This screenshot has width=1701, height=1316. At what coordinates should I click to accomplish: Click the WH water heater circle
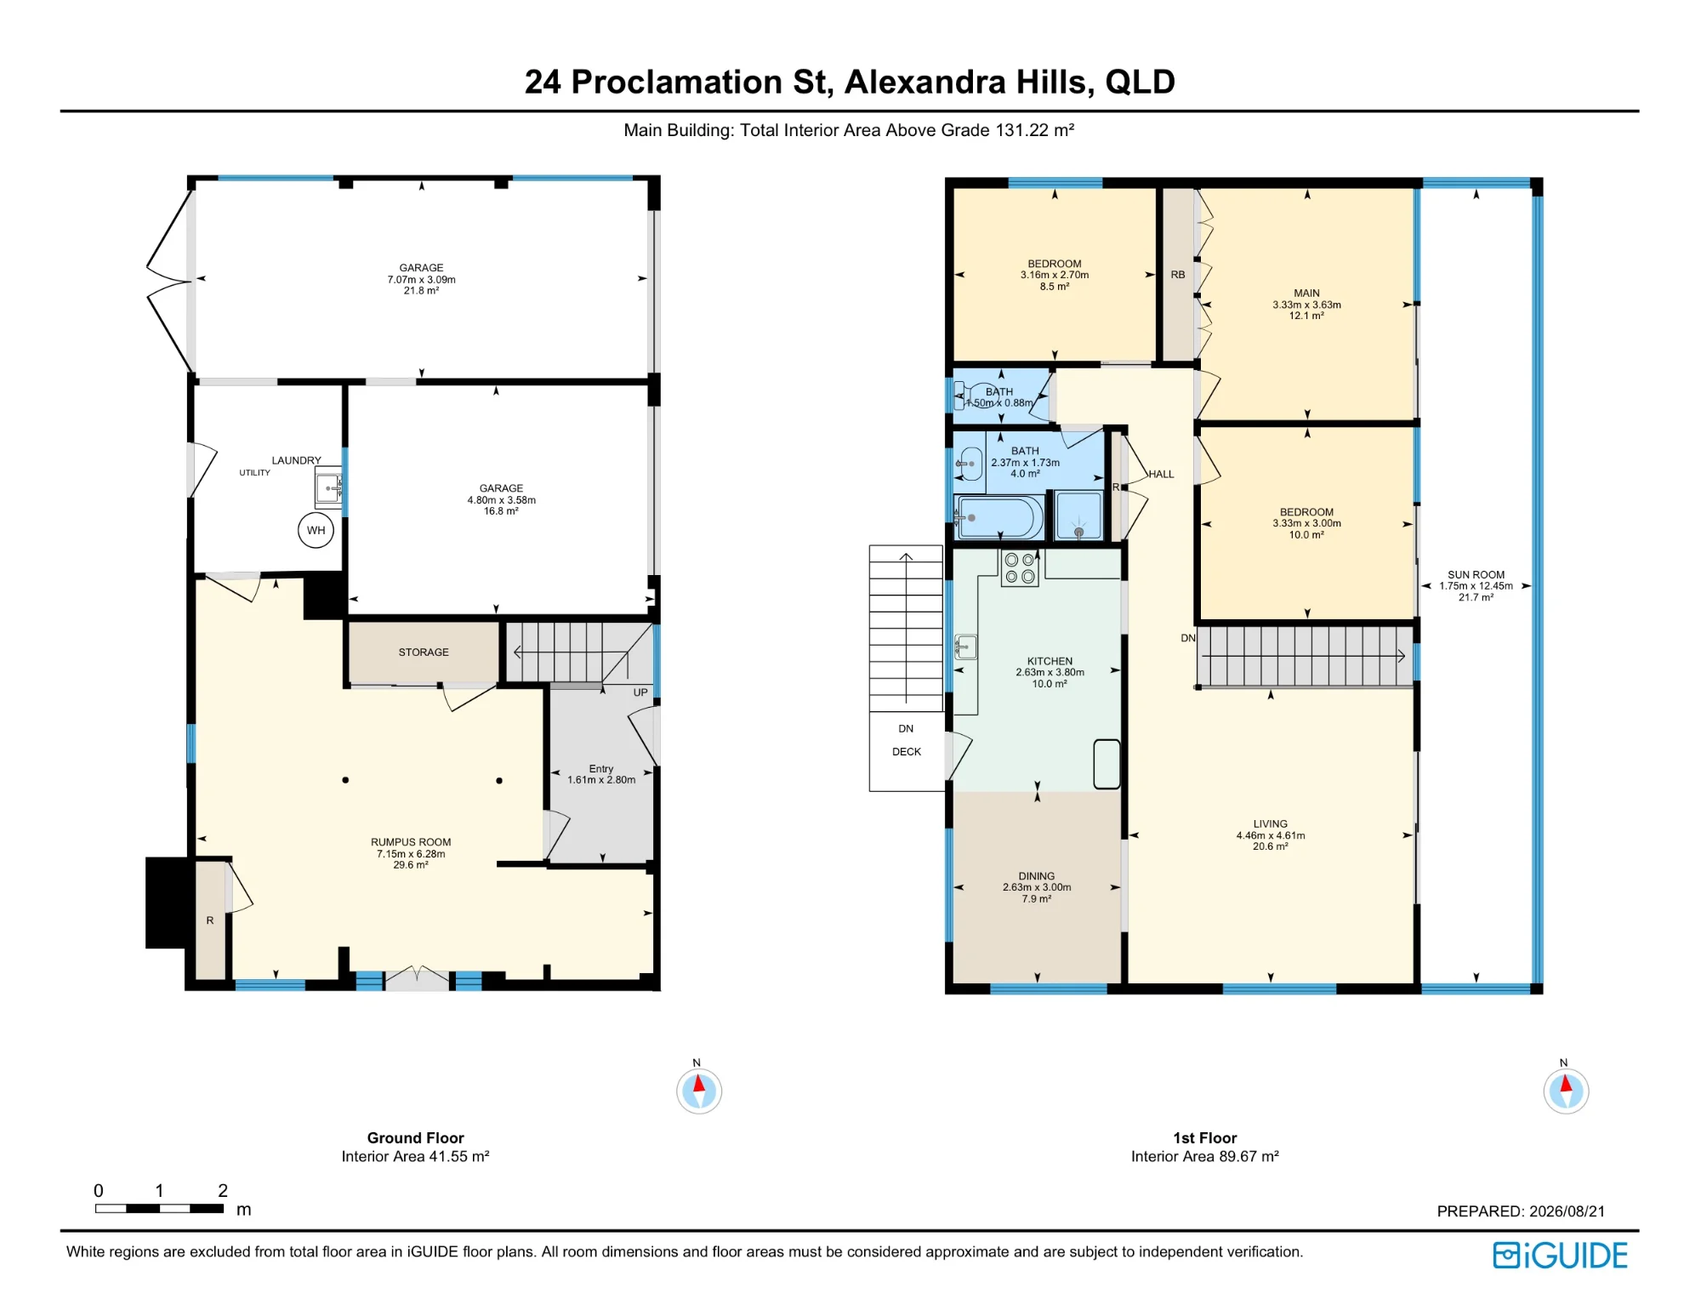[x=316, y=530]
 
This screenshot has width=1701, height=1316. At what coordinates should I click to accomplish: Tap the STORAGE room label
[x=424, y=652]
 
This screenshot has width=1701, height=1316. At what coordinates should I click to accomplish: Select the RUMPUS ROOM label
[x=411, y=842]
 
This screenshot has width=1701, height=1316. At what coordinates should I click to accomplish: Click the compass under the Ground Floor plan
[x=699, y=1090]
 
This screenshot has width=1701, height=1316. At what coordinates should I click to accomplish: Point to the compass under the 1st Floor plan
[x=1566, y=1090]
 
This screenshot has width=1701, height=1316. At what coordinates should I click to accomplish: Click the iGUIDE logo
[x=1560, y=1256]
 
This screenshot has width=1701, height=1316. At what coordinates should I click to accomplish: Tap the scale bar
[x=159, y=1208]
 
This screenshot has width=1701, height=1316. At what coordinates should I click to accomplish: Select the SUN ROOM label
[x=1476, y=575]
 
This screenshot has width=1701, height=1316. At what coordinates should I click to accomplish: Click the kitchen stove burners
[x=1020, y=568]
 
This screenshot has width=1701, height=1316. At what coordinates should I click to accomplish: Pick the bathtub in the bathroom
[x=998, y=516]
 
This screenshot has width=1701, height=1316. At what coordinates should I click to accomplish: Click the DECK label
[x=907, y=752]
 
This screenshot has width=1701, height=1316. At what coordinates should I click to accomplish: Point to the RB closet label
[x=1178, y=275]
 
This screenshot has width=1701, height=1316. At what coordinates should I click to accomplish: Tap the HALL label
[x=1161, y=475]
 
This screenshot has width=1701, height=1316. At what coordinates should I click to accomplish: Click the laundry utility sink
[x=328, y=487]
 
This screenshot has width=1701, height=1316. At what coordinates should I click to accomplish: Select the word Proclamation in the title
[x=677, y=82]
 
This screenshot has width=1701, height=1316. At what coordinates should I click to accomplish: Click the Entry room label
[x=601, y=769]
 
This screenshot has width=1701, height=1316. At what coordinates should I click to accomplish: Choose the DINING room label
[x=1036, y=876]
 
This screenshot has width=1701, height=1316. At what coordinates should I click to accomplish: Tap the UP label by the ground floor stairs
[x=640, y=692]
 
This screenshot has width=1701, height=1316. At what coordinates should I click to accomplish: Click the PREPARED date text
[x=1521, y=1211]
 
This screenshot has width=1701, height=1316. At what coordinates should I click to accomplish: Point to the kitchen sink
[x=965, y=647]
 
